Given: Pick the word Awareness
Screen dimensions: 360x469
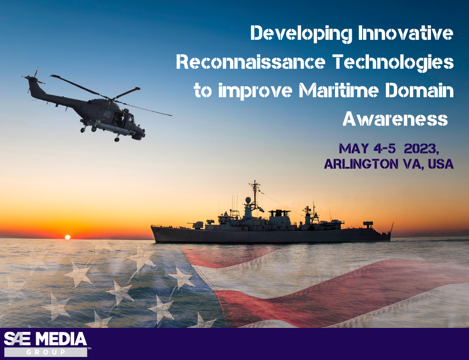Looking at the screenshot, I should point(395,119).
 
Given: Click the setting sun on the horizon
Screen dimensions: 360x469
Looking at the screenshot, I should point(67,237).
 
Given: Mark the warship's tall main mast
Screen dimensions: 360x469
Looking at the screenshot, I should point(255,192).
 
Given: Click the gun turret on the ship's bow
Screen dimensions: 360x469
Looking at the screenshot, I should point(197,224).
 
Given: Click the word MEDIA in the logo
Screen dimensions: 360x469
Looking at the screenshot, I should point(61,339).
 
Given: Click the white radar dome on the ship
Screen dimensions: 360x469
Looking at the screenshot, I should point(248,200).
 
